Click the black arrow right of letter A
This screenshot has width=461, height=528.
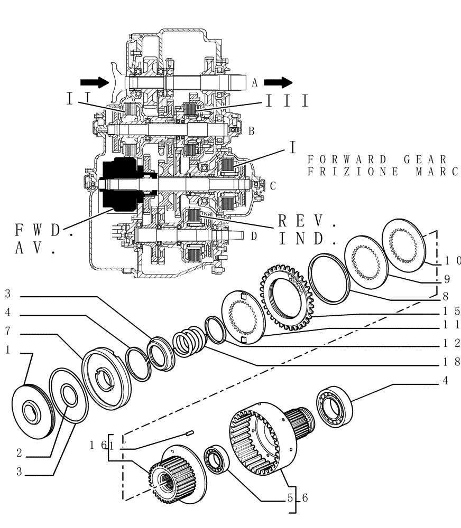pos(278,82)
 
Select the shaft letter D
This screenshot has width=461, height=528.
pos(254,235)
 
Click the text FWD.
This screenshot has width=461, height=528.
pos(42,231)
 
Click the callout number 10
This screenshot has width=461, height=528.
pos(452,260)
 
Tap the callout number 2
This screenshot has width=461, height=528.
pos(19,453)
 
